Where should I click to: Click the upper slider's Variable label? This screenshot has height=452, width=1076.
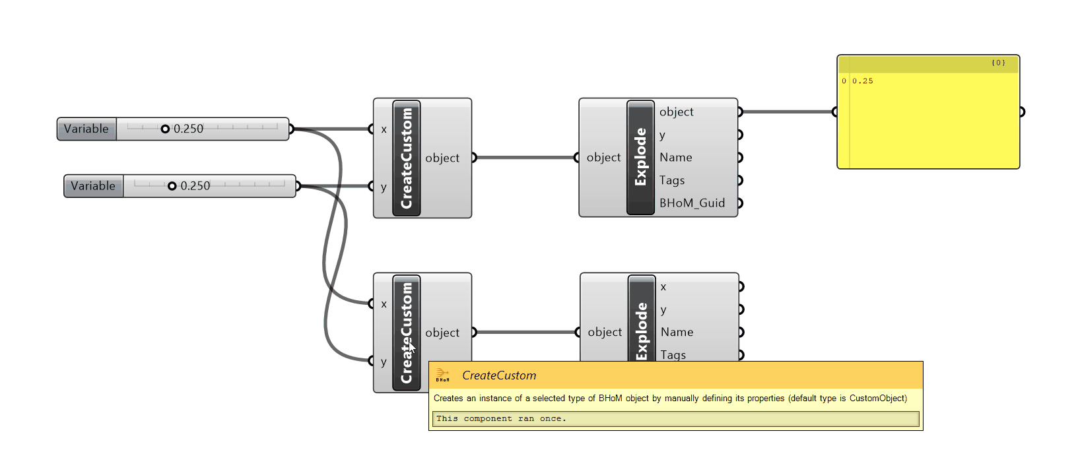tap(86, 129)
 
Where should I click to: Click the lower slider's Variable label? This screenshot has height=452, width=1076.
tap(93, 186)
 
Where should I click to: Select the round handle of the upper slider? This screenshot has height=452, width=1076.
tap(165, 129)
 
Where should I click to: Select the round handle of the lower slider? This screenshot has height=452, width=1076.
tap(172, 186)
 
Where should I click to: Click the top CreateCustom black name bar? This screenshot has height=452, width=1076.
tap(406, 158)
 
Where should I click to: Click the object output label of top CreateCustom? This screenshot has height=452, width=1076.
tap(442, 158)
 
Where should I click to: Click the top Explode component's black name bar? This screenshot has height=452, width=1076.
tap(640, 157)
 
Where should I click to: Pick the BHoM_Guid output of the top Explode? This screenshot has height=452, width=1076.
tap(692, 203)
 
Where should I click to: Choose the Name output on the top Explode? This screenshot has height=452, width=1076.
tap(675, 157)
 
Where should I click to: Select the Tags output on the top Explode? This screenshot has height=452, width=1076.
tap(672, 180)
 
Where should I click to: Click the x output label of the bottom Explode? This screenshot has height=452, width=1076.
tap(663, 286)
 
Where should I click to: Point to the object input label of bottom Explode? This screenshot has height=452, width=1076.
tap(605, 332)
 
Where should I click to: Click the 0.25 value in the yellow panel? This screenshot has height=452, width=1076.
tap(862, 81)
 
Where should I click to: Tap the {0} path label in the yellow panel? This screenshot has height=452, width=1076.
tap(998, 63)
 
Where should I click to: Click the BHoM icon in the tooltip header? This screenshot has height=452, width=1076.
tap(442, 375)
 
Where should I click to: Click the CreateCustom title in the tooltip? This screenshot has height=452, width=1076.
tap(499, 375)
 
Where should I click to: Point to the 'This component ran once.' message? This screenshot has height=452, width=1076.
tap(501, 418)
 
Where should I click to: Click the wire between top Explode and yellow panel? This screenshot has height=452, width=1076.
tap(786, 112)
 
